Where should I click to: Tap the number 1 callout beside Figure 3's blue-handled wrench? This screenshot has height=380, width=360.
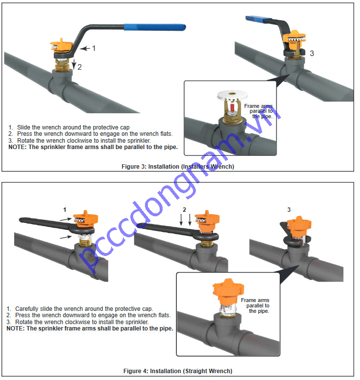pos(94,48)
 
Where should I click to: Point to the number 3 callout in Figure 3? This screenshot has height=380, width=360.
pos(312,53)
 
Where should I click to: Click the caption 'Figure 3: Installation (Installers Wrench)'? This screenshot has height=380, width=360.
pos(178,167)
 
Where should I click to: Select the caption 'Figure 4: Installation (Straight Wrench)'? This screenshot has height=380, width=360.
pos(177,371)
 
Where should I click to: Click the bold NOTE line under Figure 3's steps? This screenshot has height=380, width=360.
pos(93,147)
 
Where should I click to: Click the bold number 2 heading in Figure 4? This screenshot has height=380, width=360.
pos(184,209)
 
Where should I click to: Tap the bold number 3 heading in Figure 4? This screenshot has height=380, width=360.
pos(288,209)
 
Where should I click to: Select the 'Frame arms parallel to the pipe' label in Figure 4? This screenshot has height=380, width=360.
pos(255,305)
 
